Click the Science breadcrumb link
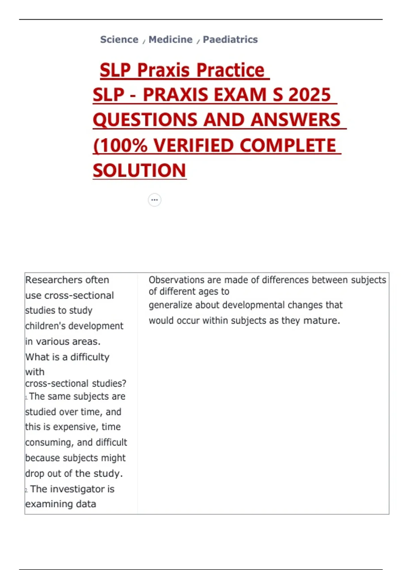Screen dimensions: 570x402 [119, 40]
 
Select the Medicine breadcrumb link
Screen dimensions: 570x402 [171, 40]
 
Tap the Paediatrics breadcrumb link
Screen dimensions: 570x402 [230, 40]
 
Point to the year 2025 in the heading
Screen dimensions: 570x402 [310, 95]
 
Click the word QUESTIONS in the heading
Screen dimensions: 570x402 [145, 120]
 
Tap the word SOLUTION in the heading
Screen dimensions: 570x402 [139, 171]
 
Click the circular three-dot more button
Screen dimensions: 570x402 [154, 200]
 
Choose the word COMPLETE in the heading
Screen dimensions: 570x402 [288, 146]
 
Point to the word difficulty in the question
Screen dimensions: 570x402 [90, 357]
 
